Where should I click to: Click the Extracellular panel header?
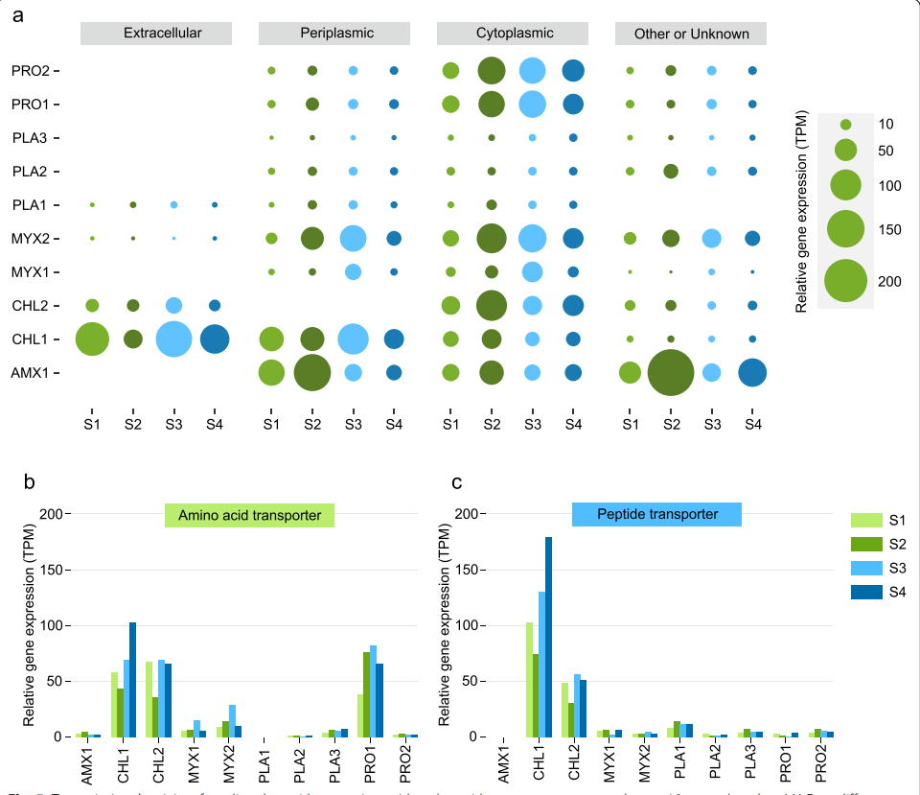(x=157, y=34)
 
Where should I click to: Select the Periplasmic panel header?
(x=334, y=34)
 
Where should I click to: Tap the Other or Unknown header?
(x=691, y=34)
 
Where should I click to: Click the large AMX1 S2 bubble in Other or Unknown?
(x=671, y=372)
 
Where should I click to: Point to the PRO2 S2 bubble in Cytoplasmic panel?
(x=492, y=70)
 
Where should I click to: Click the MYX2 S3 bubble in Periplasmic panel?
(x=354, y=238)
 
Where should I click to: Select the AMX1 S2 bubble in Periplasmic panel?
(x=312, y=372)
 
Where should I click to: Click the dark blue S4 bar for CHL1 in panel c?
(x=549, y=637)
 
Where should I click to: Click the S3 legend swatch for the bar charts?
(x=866, y=569)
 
